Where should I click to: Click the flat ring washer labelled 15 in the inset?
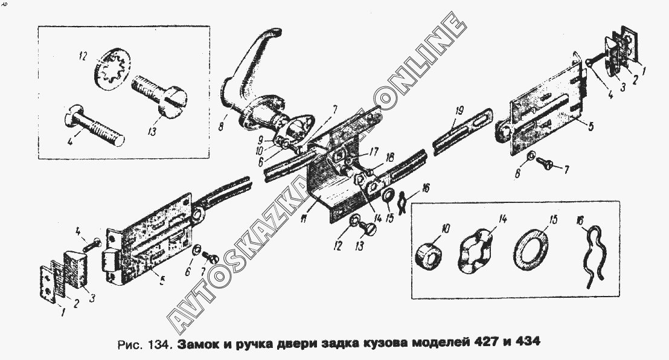pyautogui.click(x=531, y=248)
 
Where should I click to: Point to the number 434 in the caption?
pyautogui.click(x=526, y=342)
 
